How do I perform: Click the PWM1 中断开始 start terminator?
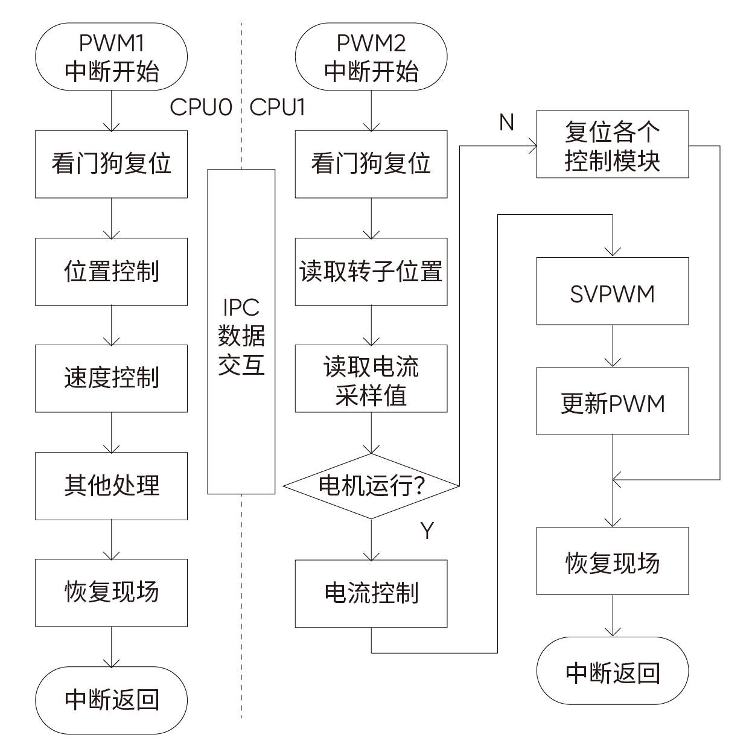(x=112, y=57)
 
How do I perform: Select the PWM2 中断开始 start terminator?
(x=371, y=57)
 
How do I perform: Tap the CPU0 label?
(x=201, y=107)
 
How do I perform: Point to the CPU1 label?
(x=277, y=107)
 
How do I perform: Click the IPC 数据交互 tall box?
(x=241, y=332)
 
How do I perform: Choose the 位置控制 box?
(x=112, y=272)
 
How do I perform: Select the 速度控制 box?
(x=112, y=378)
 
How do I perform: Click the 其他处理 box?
(x=112, y=486)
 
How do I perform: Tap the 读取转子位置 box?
(x=371, y=272)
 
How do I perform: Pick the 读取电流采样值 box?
(x=371, y=378)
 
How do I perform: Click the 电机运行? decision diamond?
(x=371, y=486)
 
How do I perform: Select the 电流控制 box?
(x=371, y=593)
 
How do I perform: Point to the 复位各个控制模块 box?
(x=613, y=144)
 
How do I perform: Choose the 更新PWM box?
(x=613, y=401)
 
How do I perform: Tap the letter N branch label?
(x=506, y=123)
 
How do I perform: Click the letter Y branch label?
(x=427, y=530)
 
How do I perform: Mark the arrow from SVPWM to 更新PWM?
(x=613, y=346)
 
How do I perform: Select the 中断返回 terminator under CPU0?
(x=112, y=700)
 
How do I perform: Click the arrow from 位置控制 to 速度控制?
(x=112, y=325)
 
